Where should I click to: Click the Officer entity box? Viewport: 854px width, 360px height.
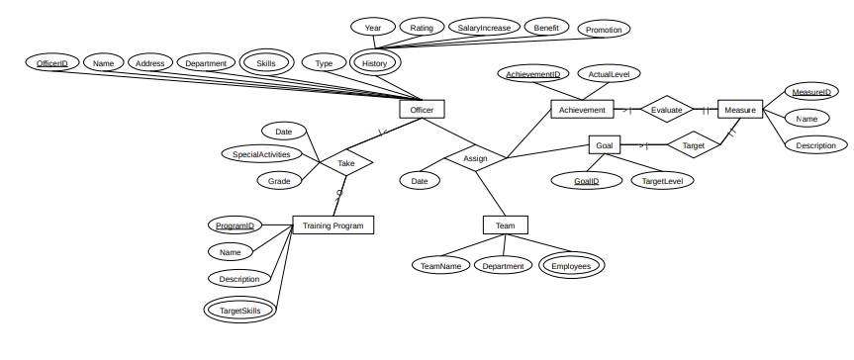(x=423, y=110)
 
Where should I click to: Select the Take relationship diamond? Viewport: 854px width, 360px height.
(x=346, y=163)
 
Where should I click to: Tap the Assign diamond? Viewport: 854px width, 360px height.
(x=475, y=157)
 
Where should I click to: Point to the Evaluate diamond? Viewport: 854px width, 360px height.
(x=666, y=110)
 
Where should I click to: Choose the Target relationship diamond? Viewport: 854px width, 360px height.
(x=694, y=145)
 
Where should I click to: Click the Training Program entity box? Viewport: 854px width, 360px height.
(x=332, y=225)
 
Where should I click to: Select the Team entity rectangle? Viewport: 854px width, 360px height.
(x=505, y=225)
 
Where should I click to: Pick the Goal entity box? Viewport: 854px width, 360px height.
(x=605, y=145)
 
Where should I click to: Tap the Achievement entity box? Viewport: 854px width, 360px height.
(x=583, y=110)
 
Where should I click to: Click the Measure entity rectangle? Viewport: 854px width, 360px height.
(x=739, y=110)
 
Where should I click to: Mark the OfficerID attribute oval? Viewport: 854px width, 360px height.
(x=51, y=63)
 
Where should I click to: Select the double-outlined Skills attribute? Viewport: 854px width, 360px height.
(x=266, y=63)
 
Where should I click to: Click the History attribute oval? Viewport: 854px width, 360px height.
(x=374, y=63)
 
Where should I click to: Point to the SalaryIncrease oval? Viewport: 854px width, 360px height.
(x=484, y=28)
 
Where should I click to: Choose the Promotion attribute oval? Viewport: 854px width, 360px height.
(x=604, y=30)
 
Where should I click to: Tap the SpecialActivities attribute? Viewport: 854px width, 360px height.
(x=261, y=154)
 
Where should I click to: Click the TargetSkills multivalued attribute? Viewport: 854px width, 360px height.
(x=241, y=310)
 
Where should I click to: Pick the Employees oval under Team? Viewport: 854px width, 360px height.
(x=571, y=265)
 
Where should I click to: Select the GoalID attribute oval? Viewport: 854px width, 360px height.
(x=587, y=181)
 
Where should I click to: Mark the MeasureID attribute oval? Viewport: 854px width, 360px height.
(x=810, y=92)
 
